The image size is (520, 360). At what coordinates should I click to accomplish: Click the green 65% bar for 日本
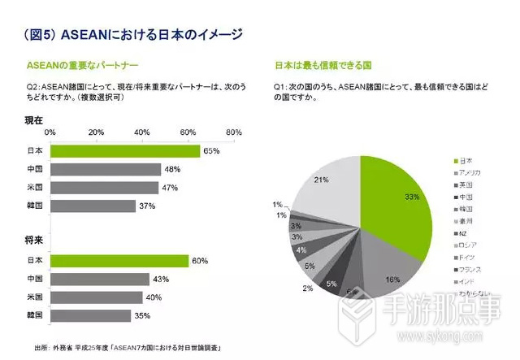pos(124,151)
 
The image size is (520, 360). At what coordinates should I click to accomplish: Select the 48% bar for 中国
pos(105,170)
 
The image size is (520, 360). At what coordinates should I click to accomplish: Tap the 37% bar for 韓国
pos(93,206)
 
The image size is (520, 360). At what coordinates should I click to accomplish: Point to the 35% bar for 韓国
pos(90,314)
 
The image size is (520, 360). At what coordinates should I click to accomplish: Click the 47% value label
pos(170,188)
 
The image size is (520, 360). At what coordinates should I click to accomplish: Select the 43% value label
pos(161,279)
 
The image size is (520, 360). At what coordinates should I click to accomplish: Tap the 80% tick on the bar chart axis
pos(233,132)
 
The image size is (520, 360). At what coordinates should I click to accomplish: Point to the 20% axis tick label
pos(96,132)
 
